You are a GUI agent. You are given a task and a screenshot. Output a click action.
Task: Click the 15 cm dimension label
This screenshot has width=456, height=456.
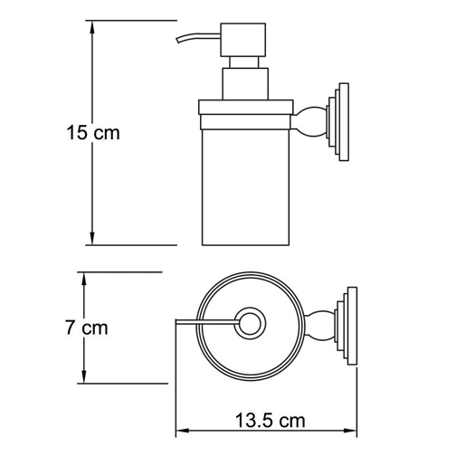tap(94, 132)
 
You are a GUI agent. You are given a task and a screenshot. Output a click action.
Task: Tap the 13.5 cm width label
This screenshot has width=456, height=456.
tap(268, 421)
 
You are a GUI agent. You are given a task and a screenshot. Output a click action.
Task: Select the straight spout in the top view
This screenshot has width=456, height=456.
tap(204, 319)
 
